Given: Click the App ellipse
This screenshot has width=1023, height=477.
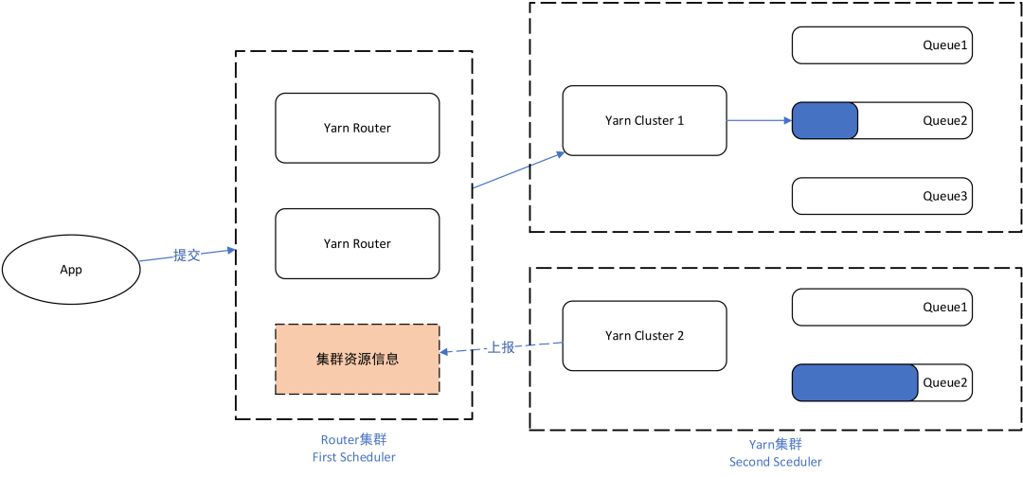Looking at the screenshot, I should point(71,270).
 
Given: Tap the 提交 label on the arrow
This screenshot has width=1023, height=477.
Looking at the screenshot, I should point(187,256).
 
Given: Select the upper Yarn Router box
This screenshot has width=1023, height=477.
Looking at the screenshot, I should point(357,128).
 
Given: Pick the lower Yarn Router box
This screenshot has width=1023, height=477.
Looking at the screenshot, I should point(357,243).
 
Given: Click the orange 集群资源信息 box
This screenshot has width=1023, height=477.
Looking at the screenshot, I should point(357,360).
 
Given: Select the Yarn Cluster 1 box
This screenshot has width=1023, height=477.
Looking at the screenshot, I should point(644,120).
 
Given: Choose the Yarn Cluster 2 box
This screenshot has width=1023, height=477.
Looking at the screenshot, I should point(644,335).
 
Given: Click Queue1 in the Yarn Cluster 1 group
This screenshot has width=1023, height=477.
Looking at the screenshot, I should point(882,45).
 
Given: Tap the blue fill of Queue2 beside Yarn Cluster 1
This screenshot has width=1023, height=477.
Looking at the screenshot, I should point(825,121).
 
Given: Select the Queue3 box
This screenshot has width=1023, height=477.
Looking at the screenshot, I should point(882,196).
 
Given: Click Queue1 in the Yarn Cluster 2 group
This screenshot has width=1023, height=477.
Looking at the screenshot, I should point(882,308).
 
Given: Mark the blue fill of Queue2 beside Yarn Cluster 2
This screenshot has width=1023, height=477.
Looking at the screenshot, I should point(854,382).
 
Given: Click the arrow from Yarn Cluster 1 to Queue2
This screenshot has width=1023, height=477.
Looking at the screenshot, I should point(759,121).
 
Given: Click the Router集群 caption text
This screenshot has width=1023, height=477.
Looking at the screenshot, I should point(353,440).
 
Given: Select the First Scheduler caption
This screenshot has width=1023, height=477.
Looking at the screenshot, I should point(353,457).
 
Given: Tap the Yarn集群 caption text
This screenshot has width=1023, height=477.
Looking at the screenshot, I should point(775,444).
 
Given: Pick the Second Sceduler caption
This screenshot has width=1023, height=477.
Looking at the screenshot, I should point(775,462).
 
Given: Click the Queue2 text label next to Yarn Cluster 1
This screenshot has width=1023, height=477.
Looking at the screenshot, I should point(945,121).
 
